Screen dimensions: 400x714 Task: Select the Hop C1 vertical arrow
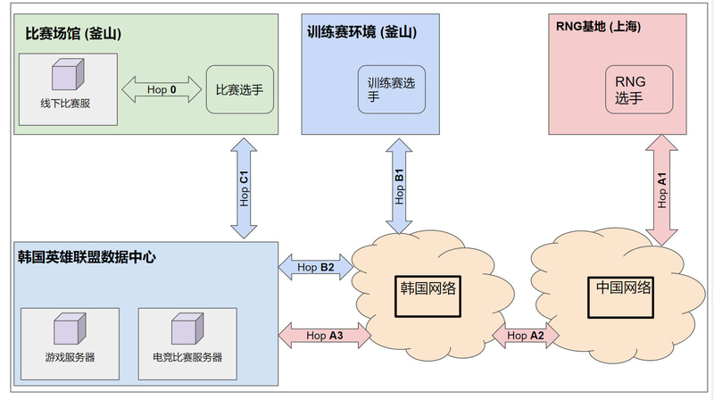point(244,187)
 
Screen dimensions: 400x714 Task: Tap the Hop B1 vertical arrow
point(399,187)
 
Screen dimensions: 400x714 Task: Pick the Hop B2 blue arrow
point(315,266)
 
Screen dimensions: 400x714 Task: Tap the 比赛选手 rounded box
point(239,89)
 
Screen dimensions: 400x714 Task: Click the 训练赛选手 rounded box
point(392,89)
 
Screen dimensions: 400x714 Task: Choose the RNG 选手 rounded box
point(638,89)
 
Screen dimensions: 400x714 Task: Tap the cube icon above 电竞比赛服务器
point(187,329)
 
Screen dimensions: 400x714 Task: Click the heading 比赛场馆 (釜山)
point(72,34)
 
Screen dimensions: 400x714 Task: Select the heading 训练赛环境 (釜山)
point(361,32)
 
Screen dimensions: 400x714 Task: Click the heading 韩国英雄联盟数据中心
point(87,257)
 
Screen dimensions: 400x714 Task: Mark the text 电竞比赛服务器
point(187,356)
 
